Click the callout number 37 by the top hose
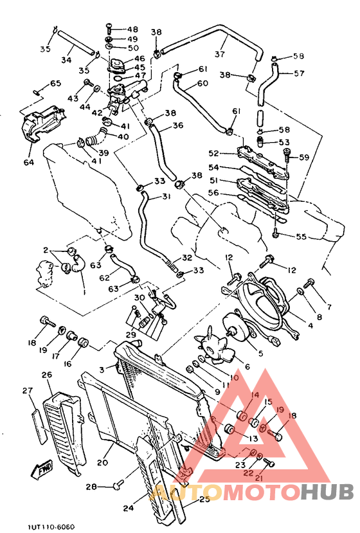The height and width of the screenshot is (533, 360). (x=220, y=54)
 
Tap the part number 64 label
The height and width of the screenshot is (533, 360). (x=28, y=163)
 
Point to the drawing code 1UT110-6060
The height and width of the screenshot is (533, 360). (x=51, y=527)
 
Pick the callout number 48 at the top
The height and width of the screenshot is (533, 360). (x=132, y=30)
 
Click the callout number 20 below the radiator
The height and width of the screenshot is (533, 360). (x=101, y=462)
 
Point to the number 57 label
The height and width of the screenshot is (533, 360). (x=299, y=73)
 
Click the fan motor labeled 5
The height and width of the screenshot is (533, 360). (x=237, y=329)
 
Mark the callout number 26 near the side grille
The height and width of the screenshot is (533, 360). (x=46, y=375)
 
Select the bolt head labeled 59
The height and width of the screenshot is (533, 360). (x=287, y=153)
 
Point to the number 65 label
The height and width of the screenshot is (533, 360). (x=55, y=84)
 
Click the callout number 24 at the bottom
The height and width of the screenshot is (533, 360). (x=128, y=507)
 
